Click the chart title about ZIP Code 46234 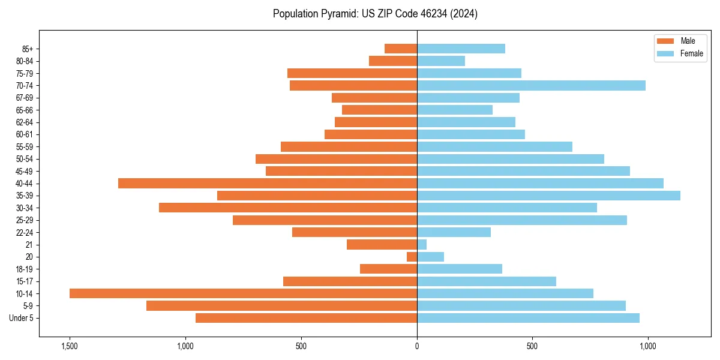click(x=375, y=14)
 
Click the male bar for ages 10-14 click(x=243, y=293)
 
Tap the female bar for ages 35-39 click(x=548, y=196)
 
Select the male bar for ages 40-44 click(x=268, y=183)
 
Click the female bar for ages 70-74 click(x=531, y=85)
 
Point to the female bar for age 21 click(x=422, y=244)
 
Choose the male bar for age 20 click(x=412, y=257)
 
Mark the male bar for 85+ click(x=401, y=49)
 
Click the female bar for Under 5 click(x=528, y=318)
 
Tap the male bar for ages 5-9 click(x=281, y=305)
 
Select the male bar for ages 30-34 click(x=288, y=208)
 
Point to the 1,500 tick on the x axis click(x=70, y=346)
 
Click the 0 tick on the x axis click(x=417, y=346)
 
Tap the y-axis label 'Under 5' click(x=21, y=318)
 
